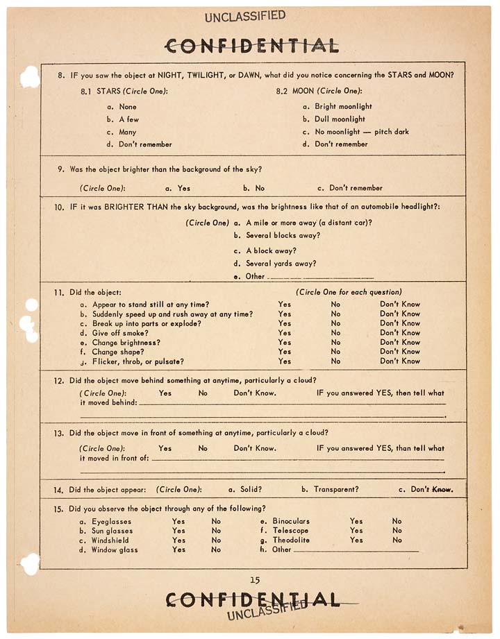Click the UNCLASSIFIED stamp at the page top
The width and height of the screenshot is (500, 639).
click(245, 16)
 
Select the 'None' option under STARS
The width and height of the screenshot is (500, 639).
click(128, 107)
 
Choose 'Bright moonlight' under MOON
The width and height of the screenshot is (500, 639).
click(343, 107)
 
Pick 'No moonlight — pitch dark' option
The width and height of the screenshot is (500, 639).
click(361, 132)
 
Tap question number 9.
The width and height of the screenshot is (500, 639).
click(61, 169)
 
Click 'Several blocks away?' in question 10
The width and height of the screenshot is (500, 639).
click(283, 235)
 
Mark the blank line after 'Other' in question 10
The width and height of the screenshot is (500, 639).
click(320, 277)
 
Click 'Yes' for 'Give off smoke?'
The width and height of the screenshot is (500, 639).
click(285, 333)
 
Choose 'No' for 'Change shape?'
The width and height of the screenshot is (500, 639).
click(335, 352)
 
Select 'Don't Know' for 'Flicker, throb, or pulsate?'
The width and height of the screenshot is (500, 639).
click(399, 361)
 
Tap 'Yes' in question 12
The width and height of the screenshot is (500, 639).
click(165, 393)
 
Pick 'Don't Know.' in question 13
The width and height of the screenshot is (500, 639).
click(255, 448)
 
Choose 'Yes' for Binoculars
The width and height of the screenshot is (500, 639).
click(356, 521)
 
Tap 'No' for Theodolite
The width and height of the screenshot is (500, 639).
click(397, 540)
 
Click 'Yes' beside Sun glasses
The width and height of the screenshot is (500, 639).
click(178, 531)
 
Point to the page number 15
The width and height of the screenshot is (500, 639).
click(255, 579)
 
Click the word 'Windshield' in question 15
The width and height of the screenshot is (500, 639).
click(110, 540)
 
